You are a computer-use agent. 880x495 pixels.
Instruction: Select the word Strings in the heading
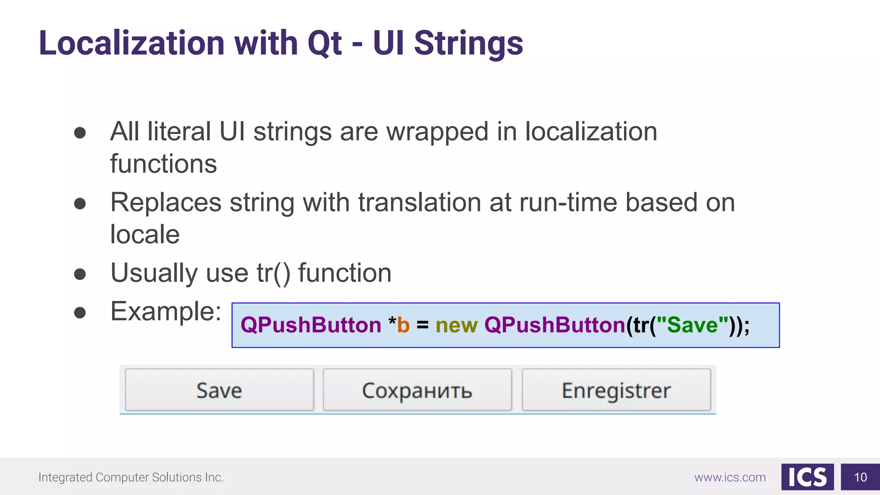pos(468,44)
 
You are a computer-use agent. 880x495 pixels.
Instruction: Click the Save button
pos(219,390)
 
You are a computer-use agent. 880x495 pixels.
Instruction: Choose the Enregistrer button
pos(616,390)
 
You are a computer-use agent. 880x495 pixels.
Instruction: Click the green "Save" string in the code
pos(693,325)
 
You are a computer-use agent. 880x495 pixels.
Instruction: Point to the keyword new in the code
pos(456,325)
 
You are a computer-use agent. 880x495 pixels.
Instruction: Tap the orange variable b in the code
pos(403,325)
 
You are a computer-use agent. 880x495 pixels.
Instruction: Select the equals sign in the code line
pos(422,325)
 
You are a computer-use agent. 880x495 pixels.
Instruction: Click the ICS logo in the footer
pos(807,477)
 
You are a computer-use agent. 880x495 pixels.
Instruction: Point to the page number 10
pos(860,477)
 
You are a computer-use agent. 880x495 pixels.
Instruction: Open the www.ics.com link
pos(730,477)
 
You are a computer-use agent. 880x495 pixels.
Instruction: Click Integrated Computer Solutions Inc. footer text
pos(131,477)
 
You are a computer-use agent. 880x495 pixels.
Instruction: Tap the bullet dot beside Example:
pos(80,312)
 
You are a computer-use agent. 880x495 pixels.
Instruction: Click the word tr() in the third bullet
pos(273,273)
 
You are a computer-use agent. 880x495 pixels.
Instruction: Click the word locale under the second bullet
pos(145,235)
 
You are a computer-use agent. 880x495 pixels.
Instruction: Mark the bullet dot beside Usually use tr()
pos(80,274)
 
